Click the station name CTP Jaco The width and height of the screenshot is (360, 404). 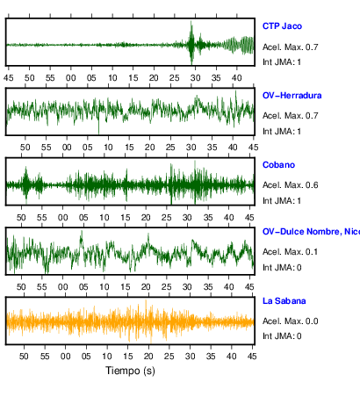point(282,26)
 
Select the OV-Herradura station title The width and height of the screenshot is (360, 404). point(292,96)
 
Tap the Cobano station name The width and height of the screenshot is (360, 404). point(278,165)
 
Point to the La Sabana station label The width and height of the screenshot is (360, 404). point(284,301)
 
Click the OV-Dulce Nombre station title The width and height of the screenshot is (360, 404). point(311,232)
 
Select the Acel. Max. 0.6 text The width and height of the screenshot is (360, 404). point(290,185)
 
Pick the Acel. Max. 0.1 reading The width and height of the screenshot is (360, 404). point(290,252)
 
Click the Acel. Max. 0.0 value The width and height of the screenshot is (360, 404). point(290,321)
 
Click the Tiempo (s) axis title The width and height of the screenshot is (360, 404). point(130,371)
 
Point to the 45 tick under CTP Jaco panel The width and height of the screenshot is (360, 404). point(9,78)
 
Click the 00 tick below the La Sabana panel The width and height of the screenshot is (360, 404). point(65,357)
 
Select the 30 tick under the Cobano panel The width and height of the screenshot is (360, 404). point(187,218)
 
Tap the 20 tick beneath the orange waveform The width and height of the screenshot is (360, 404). point(148,357)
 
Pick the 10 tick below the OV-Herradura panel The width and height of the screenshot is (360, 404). point(108,148)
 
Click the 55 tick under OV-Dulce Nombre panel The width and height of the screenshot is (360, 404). point(42,287)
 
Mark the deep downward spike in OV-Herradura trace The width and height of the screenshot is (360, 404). point(98,129)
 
